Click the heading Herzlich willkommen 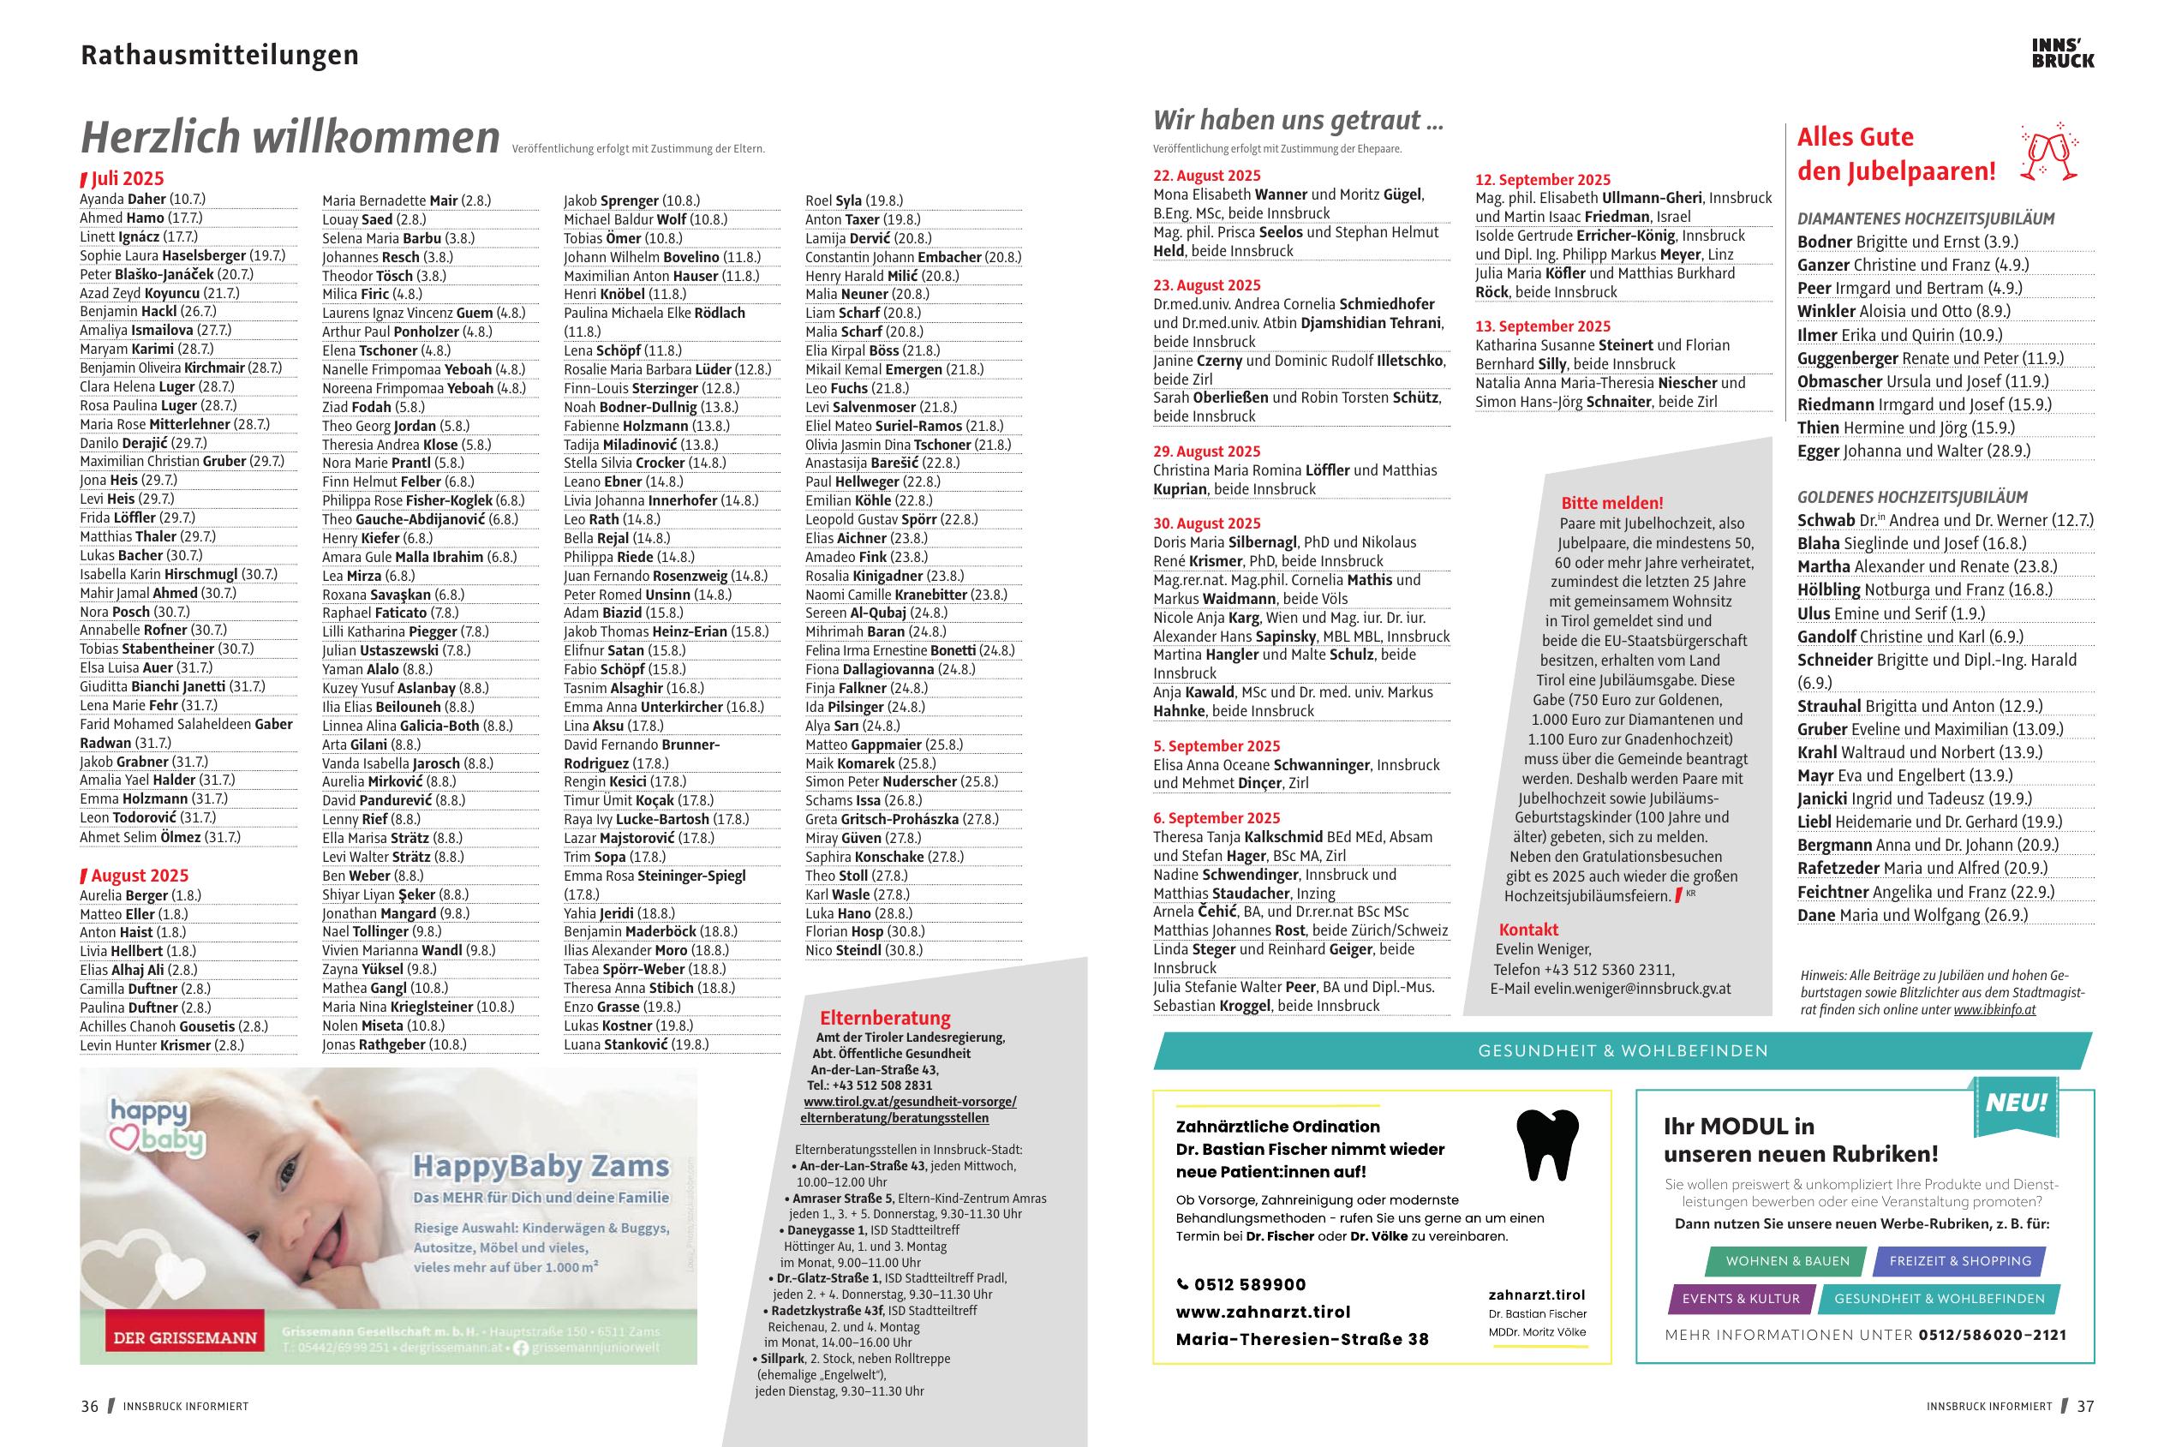pyautogui.click(x=290, y=137)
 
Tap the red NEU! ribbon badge pyautogui.click(x=2016, y=1103)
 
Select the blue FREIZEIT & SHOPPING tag pyautogui.click(x=1959, y=1261)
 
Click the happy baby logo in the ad pyautogui.click(x=155, y=1127)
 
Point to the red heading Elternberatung pyautogui.click(x=885, y=1018)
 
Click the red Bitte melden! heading pyautogui.click(x=1611, y=503)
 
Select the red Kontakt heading pyautogui.click(x=1528, y=930)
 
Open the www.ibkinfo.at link pyautogui.click(x=1994, y=1009)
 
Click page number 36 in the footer pyautogui.click(x=89, y=1407)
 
